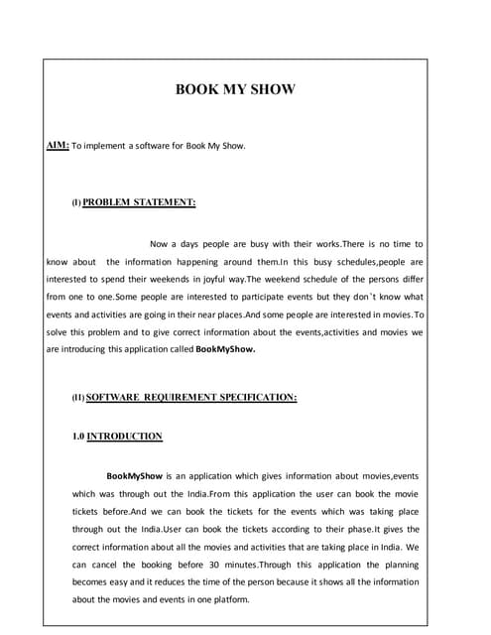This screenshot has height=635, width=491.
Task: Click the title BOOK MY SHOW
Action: point(235,90)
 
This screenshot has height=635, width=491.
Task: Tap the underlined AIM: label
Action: point(58,146)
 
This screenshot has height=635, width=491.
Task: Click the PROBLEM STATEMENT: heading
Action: point(139,202)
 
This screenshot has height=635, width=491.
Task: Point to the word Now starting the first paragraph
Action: point(160,243)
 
